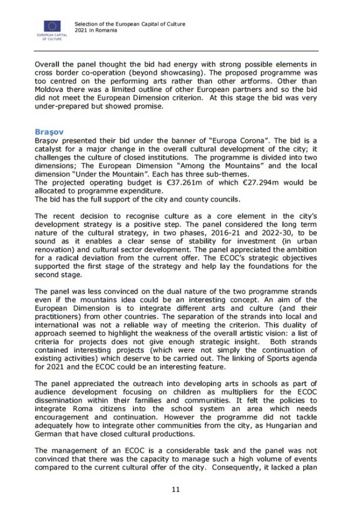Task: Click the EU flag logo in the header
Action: click(x=52, y=26)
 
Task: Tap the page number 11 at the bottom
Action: click(x=175, y=489)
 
